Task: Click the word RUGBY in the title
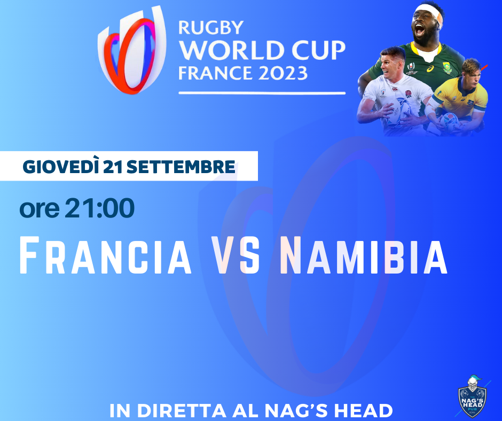211,28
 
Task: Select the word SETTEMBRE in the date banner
181,167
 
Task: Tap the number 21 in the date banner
113,167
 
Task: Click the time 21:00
99,208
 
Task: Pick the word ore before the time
40,210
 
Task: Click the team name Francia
106,255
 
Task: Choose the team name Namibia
364,255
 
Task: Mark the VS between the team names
236,255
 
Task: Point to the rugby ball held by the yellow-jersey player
450,122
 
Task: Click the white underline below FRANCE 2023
262,93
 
